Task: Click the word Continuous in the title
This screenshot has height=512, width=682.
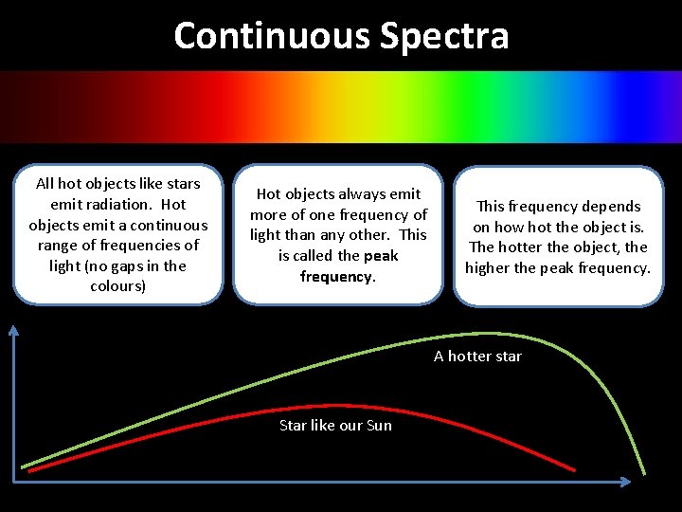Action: [x=272, y=36]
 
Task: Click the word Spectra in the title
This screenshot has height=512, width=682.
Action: [x=444, y=36]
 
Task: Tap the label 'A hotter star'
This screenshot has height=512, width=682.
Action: [x=477, y=357]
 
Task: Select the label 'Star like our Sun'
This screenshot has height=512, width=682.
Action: [x=335, y=426]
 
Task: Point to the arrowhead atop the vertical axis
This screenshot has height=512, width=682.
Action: [x=14, y=329]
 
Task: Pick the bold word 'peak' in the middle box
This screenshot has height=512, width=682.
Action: [x=381, y=256]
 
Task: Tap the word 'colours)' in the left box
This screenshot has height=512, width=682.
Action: [x=117, y=286]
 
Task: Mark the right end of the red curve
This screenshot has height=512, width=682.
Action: [x=574, y=469]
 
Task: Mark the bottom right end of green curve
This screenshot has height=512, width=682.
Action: [x=644, y=473]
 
